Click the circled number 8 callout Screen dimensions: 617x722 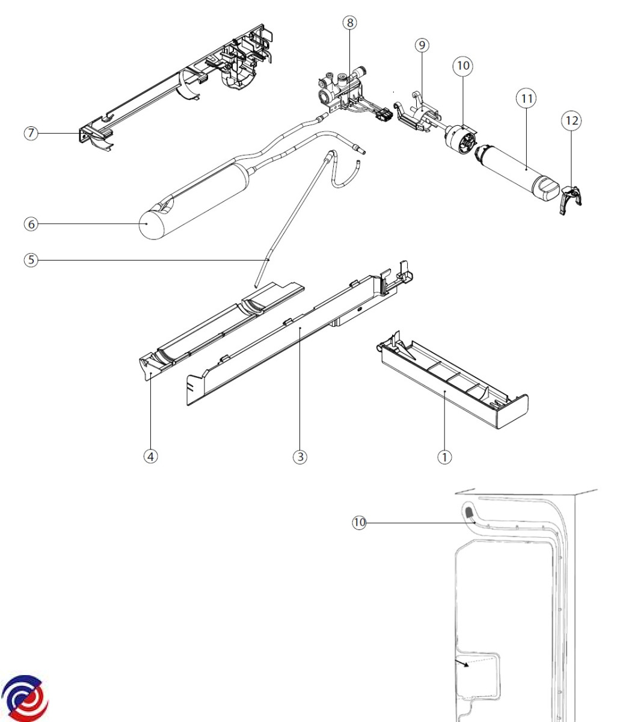[x=349, y=23]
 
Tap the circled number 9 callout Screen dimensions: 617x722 [x=422, y=45]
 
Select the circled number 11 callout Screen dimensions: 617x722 [x=526, y=99]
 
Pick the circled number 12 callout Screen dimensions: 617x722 [x=571, y=121]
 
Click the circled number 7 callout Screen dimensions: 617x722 [x=31, y=133]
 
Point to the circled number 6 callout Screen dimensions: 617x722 [x=31, y=224]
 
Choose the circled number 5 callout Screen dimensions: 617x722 [x=31, y=260]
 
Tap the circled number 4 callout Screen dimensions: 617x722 [x=150, y=457]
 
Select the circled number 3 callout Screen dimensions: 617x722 [x=300, y=457]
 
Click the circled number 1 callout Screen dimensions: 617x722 [x=444, y=457]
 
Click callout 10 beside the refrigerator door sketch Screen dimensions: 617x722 [x=359, y=523]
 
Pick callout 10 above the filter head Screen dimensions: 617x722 [x=463, y=66]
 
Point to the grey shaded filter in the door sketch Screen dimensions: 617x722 [x=469, y=512]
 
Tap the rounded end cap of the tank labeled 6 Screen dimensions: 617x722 [x=152, y=224]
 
